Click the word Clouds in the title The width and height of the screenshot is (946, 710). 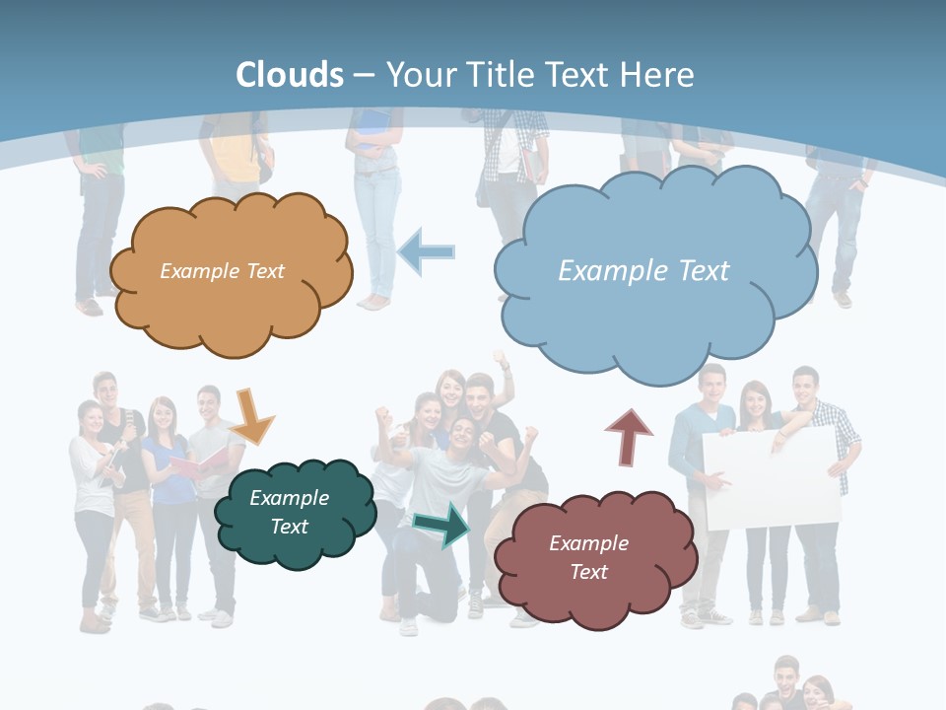(x=290, y=75)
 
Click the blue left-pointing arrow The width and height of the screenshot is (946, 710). (x=427, y=252)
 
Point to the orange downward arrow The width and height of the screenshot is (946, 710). (x=252, y=416)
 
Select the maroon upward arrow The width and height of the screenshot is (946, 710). (x=629, y=436)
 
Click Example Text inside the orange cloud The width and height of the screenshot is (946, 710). (x=222, y=271)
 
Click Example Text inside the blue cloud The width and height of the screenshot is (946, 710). (x=643, y=271)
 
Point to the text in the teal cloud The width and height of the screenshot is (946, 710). (x=289, y=513)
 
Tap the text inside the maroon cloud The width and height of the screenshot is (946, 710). (x=588, y=557)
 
